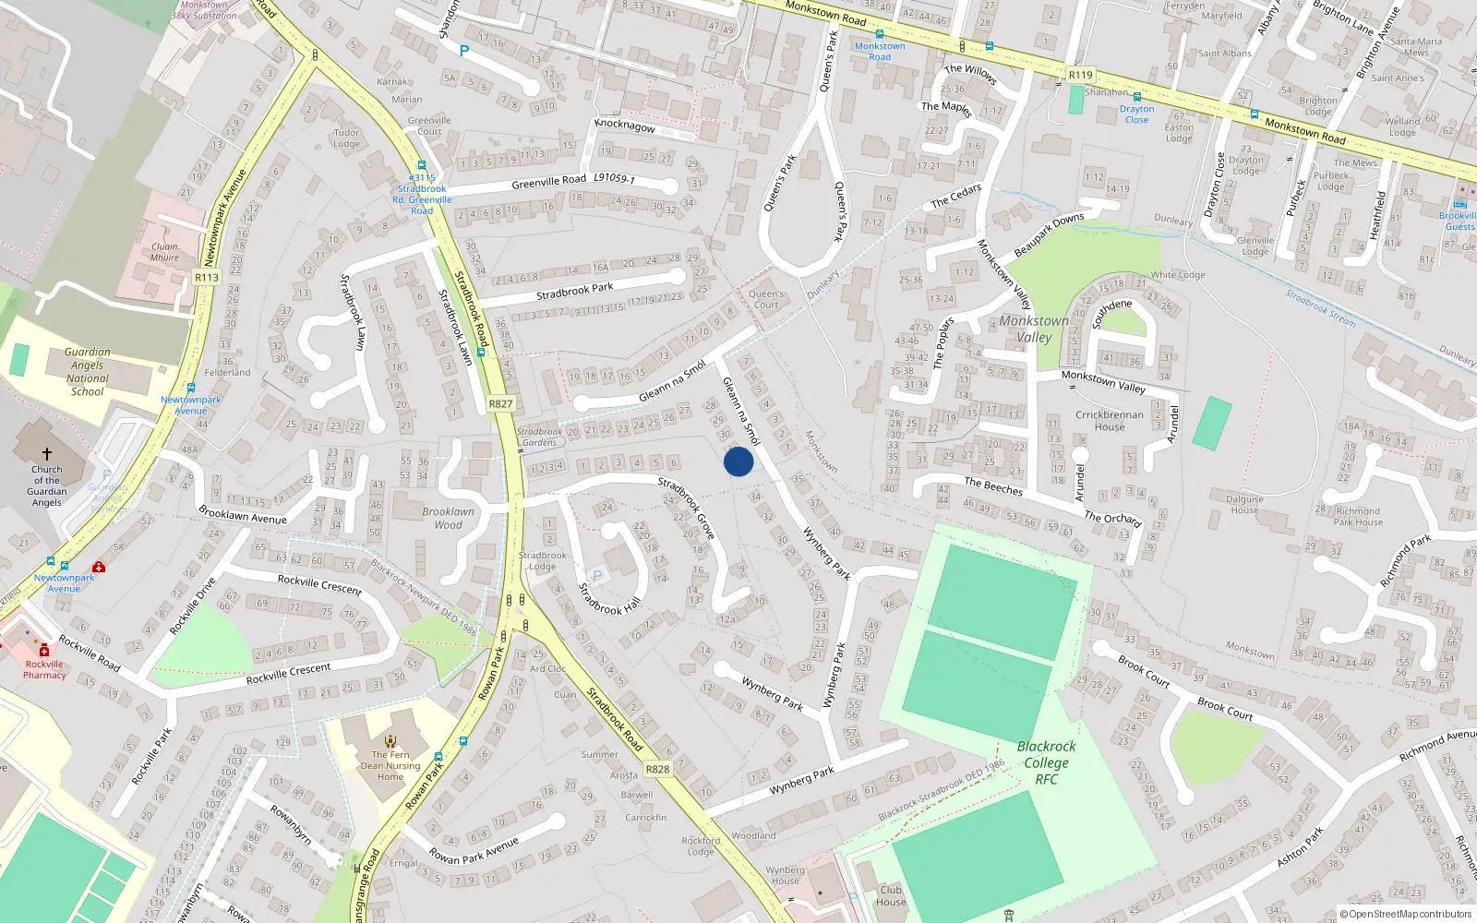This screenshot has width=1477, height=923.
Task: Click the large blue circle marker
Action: click(x=738, y=461)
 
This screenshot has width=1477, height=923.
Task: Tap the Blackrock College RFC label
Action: click(x=1046, y=762)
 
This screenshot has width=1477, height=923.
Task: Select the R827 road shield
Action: click(x=500, y=404)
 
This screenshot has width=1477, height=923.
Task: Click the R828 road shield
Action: click(x=657, y=769)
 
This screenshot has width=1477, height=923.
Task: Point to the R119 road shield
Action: click(x=1080, y=75)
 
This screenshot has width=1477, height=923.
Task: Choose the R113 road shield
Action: click(x=207, y=278)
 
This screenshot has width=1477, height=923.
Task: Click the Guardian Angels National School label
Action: click(x=88, y=372)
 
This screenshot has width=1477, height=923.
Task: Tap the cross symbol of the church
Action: click(x=47, y=454)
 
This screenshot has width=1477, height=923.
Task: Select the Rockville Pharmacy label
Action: click(x=44, y=669)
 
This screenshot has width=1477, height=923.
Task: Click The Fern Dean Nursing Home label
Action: click(x=390, y=765)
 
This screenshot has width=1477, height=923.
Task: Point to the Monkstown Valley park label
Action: click(x=1034, y=329)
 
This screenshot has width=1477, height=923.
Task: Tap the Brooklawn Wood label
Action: click(x=449, y=518)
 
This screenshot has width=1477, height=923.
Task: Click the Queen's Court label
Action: click(x=766, y=299)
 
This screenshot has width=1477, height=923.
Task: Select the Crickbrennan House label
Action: click(x=1110, y=421)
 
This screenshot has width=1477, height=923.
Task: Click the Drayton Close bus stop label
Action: click(x=1137, y=114)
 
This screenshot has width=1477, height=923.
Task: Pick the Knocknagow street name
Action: click(x=625, y=126)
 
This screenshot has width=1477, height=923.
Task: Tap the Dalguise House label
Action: click(x=1244, y=504)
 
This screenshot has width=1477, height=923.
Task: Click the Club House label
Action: click(x=891, y=896)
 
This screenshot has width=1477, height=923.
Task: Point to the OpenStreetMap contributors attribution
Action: click(x=1406, y=915)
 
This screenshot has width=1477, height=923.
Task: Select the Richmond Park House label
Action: click(x=1359, y=517)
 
